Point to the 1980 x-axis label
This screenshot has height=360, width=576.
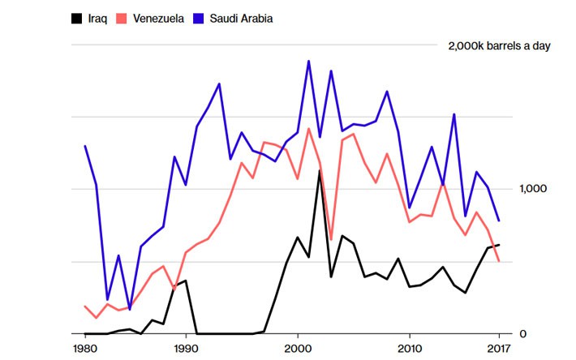pos(84,349)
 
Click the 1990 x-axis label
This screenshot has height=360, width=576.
pos(186,349)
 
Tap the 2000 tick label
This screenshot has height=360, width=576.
pos(298,349)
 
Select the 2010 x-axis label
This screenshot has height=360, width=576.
pos(410,349)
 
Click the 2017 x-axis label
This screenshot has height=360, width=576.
pos(498,349)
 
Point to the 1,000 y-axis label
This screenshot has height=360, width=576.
pos(534,189)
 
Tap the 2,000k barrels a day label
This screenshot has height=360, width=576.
pos(499,45)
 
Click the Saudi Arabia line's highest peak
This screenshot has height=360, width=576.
pos(308,61)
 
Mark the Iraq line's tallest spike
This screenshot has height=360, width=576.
pos(320,170)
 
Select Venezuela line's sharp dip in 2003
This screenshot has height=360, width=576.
pos(331,240)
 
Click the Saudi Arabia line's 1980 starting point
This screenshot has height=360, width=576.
pos(85,146)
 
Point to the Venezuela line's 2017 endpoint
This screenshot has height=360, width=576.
pos(498,261)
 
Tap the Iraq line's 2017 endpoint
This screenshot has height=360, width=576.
pos(498,245)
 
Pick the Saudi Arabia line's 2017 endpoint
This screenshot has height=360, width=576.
pos(498,221)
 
